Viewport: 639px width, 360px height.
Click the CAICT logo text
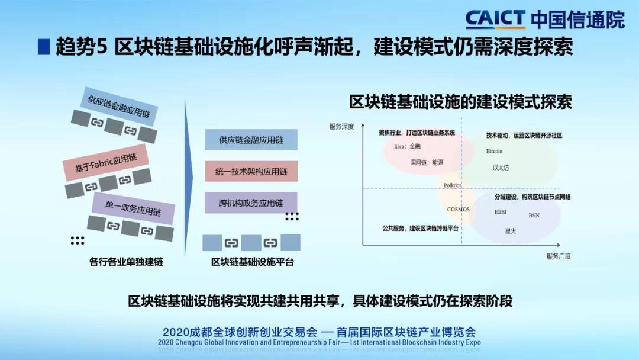click(x=495, y=19)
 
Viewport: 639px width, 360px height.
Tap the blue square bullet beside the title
click(x=44, y=47)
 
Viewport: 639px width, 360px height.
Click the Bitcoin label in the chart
click(x=494, y=151)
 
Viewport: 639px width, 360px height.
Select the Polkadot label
click(x=453, y=185)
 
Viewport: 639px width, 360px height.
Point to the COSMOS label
click(x=459, y=209)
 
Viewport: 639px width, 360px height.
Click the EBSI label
click(x=501, y=212)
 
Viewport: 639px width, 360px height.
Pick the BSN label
click(x=534, y=216)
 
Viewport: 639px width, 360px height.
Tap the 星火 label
click(x=510, y=231)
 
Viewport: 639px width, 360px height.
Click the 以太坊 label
click(x=501, y=168)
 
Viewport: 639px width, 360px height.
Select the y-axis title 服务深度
click(x=341, y=127)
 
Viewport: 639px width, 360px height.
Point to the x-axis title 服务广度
click(x=559, y=256)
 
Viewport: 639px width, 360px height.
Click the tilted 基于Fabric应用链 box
click(x=105, y=162)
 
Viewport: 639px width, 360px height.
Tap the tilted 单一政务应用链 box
click(x=133, y=208)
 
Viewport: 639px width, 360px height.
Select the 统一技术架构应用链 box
click(x=251, y=172)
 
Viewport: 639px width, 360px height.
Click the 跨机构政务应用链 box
click(x=251, y=203)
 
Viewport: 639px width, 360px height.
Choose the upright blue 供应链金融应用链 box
click(x=251, y=140)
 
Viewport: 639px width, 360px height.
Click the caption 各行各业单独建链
click(x=126, y=262)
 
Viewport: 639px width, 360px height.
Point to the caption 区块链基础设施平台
click(x=252, y=262)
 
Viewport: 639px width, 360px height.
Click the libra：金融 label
click(x=407, y=146)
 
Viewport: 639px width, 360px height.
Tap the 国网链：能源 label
click(x=426, y=162)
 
